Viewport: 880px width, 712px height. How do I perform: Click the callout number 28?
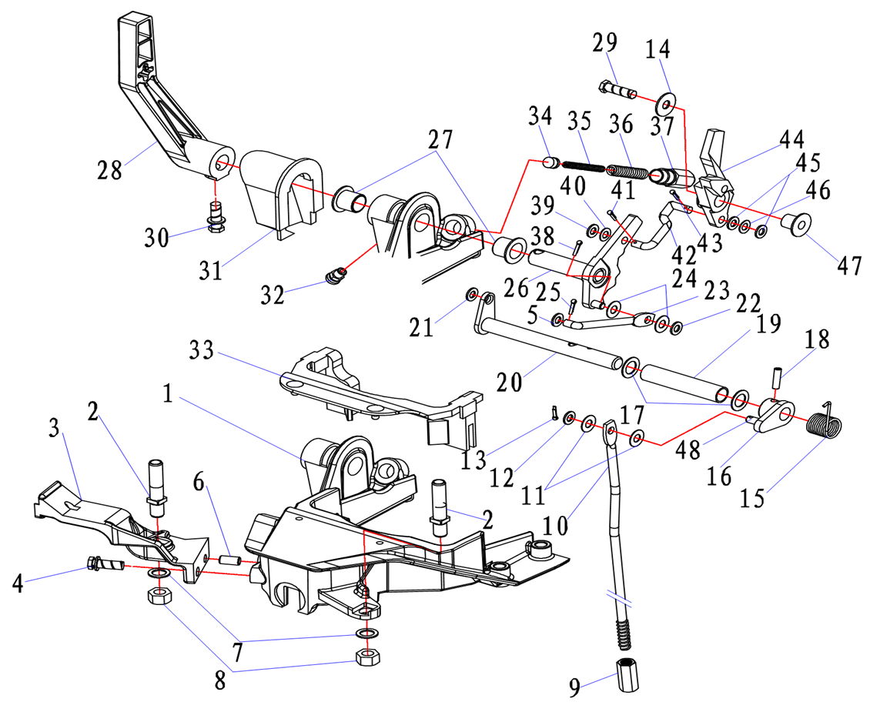[x=110, y=169]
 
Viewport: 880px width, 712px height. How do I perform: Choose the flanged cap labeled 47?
[x=796, y=223]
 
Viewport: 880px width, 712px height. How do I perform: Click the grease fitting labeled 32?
[x=334, y=275]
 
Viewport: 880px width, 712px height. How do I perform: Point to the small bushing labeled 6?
[x=229, y=560]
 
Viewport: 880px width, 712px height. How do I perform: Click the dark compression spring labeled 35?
[x=583, y=165]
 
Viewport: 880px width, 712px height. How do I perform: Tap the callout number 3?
[x=55, y=429]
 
